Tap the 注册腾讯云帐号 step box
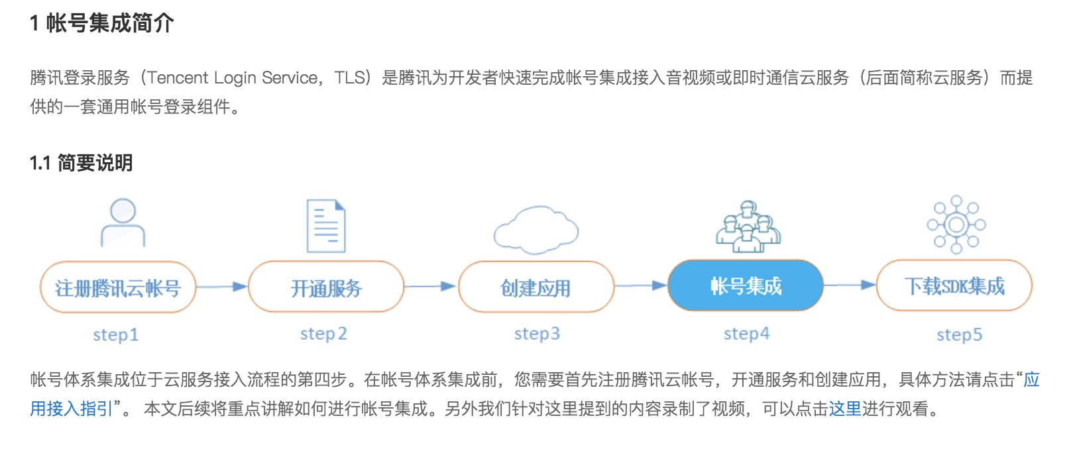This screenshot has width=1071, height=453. pos(118,287)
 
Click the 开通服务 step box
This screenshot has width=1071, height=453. pos(326,287)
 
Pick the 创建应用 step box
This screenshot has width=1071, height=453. pos(535,287)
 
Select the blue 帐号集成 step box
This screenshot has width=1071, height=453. pos(746,286)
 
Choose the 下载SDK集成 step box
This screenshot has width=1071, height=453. pos(954,286)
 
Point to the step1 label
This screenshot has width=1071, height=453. pos(115,334)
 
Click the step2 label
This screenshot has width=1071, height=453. pos(323,334)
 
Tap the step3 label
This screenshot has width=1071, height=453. pos(537,334)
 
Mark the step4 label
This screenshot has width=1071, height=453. pos(746,334)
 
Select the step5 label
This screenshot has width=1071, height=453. pos(959,334)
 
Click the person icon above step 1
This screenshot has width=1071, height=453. pos(123,223)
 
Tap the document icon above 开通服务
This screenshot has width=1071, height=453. pos(326,226)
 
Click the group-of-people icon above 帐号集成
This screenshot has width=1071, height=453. pos(748,226)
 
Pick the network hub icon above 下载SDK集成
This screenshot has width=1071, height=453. pos(956,225)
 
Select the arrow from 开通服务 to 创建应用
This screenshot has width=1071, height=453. pos(429,287)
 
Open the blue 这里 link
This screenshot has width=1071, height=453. pos(845,409)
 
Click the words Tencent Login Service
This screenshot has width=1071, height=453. pos(233,78)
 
